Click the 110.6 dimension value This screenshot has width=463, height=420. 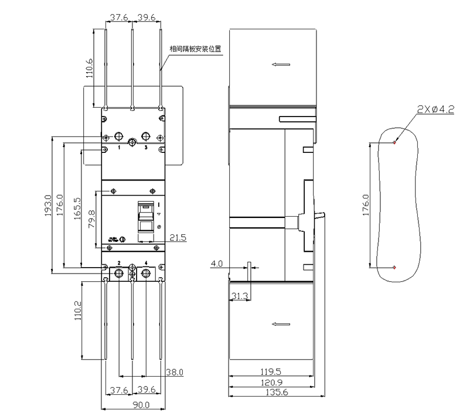89,68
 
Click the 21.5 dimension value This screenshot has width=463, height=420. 178,237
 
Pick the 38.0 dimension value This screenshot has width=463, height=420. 174,371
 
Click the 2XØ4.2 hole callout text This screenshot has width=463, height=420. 435,109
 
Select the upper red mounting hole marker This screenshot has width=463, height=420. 394,142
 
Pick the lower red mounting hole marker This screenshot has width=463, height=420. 394,268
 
